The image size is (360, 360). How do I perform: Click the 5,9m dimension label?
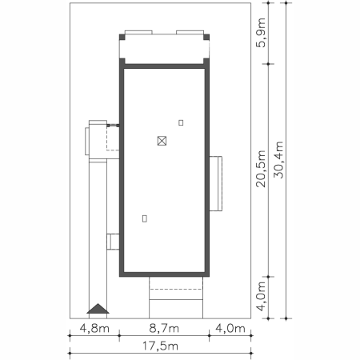point(261,33)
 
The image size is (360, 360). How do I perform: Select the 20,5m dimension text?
point(261,169)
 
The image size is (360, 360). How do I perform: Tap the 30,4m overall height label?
point(278,159)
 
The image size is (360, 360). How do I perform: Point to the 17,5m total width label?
point(160,346)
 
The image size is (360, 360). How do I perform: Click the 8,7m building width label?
point(164,328)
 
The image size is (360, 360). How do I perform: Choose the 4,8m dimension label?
point(94,328)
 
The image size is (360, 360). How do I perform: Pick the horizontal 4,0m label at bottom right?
point(230,328)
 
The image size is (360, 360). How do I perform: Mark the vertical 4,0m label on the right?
point(261,296)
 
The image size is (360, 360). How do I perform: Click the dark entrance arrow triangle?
point(98,309)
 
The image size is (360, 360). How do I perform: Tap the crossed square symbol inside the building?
point(162,141)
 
